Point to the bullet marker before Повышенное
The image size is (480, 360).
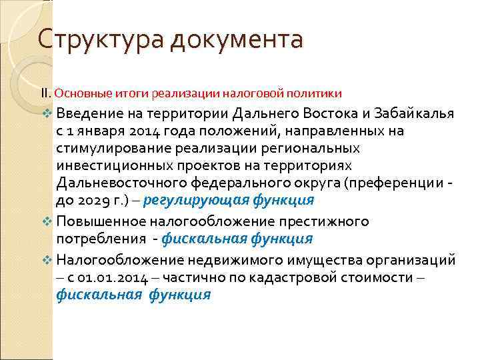(x=47, y=221)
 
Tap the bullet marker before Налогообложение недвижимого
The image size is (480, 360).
(x=47, y=258)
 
